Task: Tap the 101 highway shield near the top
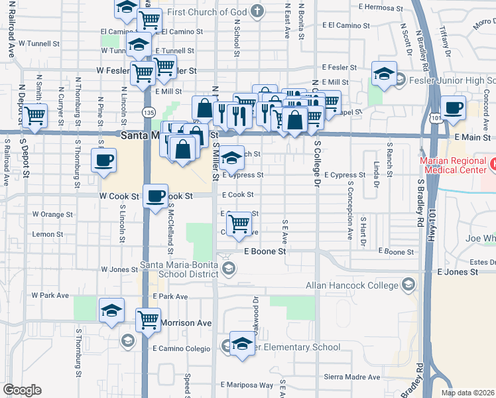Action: pyautogui.click(x=435, y=117)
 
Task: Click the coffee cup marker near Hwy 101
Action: pyautogui.click(x=454, y=107)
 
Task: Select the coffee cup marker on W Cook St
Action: pyautogui.click(x=155, y=196)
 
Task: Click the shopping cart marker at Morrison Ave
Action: pyautogui.click(x=149, y=319)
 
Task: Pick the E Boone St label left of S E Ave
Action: pyautogui.click(x=265, y=251)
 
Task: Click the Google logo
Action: pyautogui.click(x=22, y=390)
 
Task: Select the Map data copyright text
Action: pyautogui.click(x=467, y=393)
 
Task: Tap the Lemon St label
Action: pyautogui.click(x=47, y=234)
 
